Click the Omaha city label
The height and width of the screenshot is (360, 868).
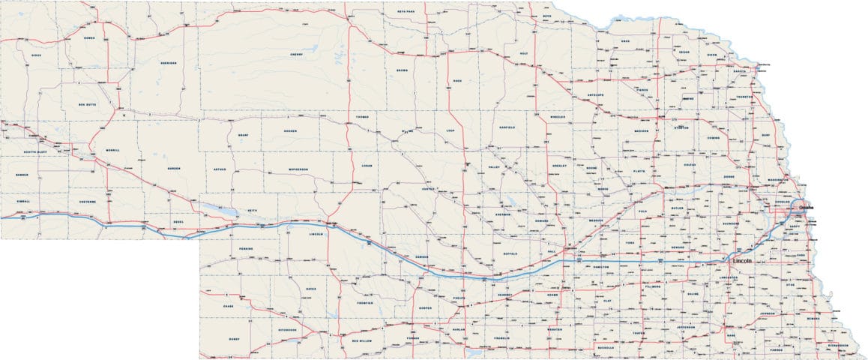click(x=807, y=206)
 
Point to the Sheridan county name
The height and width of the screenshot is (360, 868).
click(x=169, y=63)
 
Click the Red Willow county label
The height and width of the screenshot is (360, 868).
click(x=364, y=340)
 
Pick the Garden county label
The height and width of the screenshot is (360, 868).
click(x=174, y=168)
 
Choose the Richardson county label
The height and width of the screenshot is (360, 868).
click(x=838, y=345)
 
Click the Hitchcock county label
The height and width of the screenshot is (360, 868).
click(x=287, y=329)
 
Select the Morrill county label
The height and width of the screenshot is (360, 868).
click(x=112, y=150)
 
